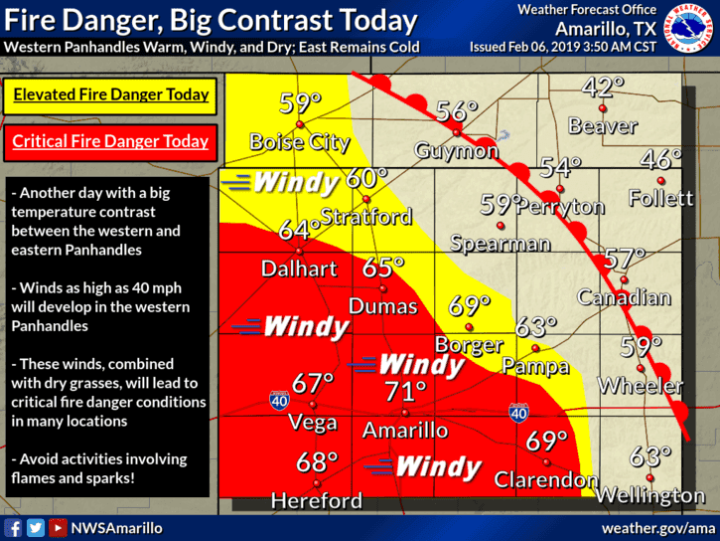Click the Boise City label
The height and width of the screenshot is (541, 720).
coord(299,142)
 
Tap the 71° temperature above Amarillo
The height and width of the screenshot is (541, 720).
coord(405,393)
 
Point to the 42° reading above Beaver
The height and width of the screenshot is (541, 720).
coord(602,88)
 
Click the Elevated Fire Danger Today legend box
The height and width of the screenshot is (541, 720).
coord(110,95)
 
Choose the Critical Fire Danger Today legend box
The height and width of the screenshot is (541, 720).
coord(110,141)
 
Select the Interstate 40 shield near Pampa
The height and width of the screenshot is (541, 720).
coord(517,411)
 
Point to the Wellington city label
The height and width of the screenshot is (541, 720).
coord(651,494)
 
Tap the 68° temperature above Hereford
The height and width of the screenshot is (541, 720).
coord(317,462)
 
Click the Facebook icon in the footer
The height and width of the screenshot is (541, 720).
coord(14,528)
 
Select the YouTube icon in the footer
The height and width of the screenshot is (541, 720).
coord(58,528)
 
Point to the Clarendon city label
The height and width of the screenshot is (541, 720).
coord(547,479)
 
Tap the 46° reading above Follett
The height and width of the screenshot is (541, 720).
coord(660,159)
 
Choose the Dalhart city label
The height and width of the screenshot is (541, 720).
coord(299,268)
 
